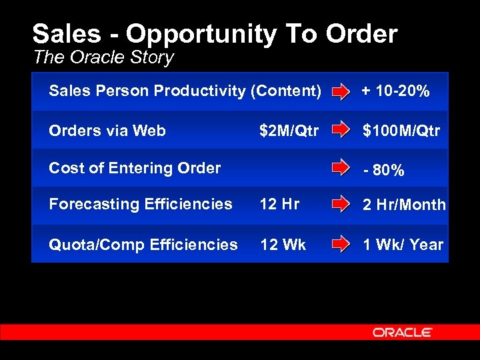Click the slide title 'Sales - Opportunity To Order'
(215, 33)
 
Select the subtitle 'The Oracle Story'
(103, 57)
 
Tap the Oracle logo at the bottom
(402, 332)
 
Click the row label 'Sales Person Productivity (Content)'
(185, 91)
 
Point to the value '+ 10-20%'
(395, 91)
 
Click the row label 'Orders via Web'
(107, 131)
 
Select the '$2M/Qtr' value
(289, 131)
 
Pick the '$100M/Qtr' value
(401, 131)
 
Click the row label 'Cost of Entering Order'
(135, 168)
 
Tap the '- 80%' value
(384, 171)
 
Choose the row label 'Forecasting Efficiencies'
(141, 204)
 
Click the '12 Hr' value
(279, 204)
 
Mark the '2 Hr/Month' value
(404, 205)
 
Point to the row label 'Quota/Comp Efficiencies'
(143, 245)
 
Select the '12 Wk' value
(283, 245)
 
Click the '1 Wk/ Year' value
(403, 245)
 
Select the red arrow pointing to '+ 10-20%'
(341, 91)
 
